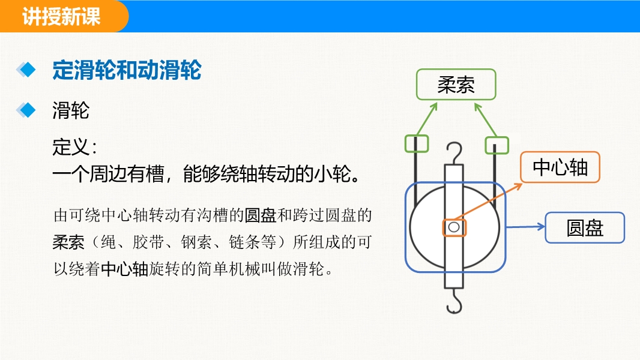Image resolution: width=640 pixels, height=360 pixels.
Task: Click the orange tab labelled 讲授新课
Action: (x=63, y=16)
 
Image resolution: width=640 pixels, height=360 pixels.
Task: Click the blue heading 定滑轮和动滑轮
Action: (x=127, y=70)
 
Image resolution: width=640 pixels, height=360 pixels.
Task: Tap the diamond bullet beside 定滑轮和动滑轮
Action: (x=26, y=70)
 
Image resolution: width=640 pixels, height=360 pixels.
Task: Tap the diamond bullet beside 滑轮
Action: (x=26, y=110)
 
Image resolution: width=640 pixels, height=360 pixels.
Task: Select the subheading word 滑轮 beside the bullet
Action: (x=71, y=110)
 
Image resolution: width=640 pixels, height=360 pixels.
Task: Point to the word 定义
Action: (x=70, y=147)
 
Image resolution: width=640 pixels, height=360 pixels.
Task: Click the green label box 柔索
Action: (x=456, y=85)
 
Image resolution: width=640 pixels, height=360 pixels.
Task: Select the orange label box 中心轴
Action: (x=560, y=167)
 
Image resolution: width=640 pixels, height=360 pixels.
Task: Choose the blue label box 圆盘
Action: (x=585, y=227)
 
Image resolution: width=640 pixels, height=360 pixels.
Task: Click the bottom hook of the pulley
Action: (x=454, y=302)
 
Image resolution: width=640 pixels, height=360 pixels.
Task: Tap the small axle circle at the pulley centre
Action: (x=454, y=227)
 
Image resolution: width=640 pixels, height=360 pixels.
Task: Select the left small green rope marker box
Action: (x=417, y=144)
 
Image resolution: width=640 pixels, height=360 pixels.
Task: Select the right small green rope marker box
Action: (x=497, y=145)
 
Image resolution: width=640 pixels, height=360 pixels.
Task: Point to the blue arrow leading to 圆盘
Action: (x=526, y=227)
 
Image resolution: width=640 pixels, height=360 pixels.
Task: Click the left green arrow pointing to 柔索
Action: (x=427, y=119)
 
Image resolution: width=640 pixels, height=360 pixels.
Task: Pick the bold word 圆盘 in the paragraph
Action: (x=261, y=215)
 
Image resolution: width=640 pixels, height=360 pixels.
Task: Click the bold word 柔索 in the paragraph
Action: (x=68, y=242)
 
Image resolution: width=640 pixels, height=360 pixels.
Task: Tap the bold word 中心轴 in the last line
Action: (x=124, y=269)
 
